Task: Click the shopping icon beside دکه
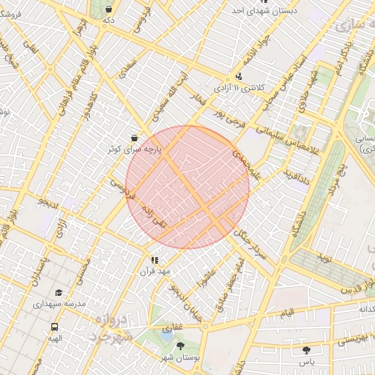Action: [108, 10]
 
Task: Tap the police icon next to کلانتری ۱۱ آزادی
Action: [240, 76]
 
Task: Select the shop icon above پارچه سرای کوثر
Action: [133, 137]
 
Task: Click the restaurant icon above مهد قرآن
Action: [155, 260]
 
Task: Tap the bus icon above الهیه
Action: [55, 327]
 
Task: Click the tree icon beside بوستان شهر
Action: [181, 346]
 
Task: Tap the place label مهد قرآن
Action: [155, 272]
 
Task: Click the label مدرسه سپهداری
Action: [59, 303]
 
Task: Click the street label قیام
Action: [288, 313]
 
